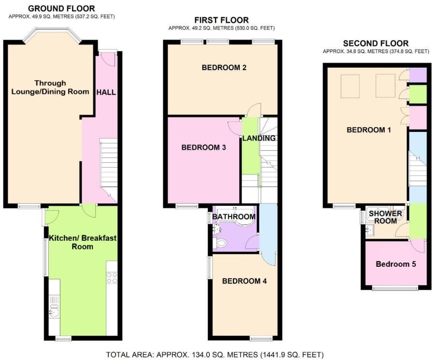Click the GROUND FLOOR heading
[61, 9]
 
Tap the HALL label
[106, 92]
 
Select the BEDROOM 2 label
[224, 68]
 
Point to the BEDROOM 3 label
[204, 148]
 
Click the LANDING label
[259, 138]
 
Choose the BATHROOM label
[234, 217]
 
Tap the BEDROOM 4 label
[244, 281]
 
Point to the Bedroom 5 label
[396, 264]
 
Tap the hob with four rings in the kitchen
[112, 278]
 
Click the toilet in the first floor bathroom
[221, 243]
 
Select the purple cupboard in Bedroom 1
[418, 75]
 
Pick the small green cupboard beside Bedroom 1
[418, 94]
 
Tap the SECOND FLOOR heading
[376, 43]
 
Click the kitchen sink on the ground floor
[53, 312]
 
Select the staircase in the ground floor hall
[108, 167]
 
